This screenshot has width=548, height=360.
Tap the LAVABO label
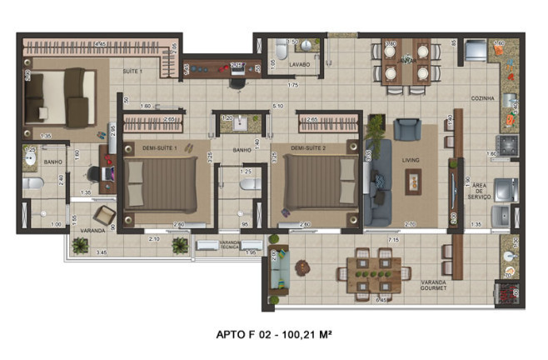click(299, 64)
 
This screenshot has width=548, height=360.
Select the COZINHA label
click(482, 98)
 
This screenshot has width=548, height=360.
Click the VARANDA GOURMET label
click(433, 286)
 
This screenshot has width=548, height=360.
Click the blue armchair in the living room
click(407, 129)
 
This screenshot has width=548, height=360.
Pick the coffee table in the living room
click(414, 181)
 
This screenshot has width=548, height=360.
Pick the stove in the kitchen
click(506, 144)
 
